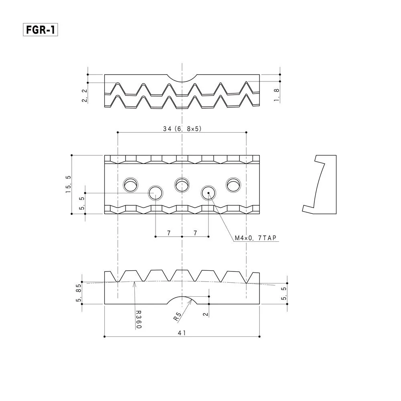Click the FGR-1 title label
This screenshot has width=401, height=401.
click(41, 30)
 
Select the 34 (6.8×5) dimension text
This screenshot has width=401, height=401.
click(182, 129)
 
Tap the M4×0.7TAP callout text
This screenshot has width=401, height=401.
click(255, 238)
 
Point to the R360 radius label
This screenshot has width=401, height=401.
click(138, 320)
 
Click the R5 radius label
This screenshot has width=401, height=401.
click(177, 317)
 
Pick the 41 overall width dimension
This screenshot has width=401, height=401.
click(182, 333)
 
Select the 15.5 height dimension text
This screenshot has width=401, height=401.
click(68, 184)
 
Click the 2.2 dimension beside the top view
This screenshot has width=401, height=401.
click(84, 96)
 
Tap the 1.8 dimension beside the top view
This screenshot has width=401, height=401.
click(276, 95)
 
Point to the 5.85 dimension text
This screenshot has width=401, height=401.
click(79, 293)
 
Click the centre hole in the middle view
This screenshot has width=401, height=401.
click(182, 184)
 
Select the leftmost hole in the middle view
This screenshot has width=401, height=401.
click(131, 184)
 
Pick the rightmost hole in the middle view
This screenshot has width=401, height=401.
click(233, 184)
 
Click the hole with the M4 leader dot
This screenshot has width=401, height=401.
click(209, 193)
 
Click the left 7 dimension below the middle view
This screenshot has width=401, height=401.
click(169, 233)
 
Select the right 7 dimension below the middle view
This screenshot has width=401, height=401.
click(195, 233)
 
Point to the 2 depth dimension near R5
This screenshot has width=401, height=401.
click(206, 314)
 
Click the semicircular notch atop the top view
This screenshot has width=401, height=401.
click(182, 82)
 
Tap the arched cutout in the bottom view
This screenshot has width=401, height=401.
click(182, 297)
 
